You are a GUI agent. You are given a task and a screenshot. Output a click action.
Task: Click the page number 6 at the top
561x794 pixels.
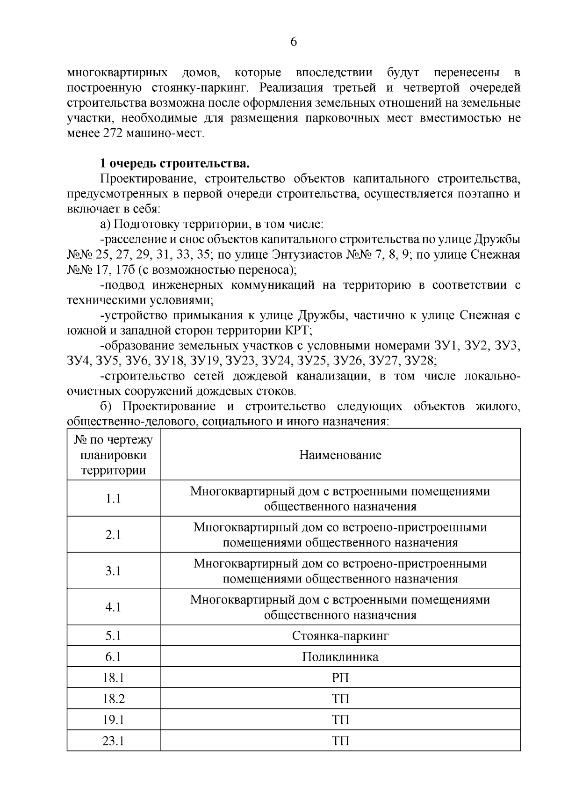(294, 42)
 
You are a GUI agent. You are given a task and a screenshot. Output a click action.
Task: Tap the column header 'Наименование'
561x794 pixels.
(340, 455)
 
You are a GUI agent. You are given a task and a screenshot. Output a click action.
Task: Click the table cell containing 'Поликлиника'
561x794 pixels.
(340, 657)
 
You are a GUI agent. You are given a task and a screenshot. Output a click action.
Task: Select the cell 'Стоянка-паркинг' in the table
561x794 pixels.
(340, 636)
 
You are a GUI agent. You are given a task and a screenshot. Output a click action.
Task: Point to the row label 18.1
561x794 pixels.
(113, 677)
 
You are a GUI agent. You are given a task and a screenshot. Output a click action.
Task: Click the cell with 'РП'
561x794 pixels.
(340, 677)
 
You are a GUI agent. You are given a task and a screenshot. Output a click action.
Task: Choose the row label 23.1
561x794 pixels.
(113, 741)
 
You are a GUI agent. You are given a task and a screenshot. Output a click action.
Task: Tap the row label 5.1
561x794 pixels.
(113, 636)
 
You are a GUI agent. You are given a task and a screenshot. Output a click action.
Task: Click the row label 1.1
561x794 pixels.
(113, 499)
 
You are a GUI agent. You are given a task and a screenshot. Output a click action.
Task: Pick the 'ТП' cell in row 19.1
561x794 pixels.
(340, 720)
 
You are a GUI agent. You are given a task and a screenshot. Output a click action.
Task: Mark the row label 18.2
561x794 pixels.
(113, 699)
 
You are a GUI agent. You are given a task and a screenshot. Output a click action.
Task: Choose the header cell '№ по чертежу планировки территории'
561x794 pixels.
(113, 455)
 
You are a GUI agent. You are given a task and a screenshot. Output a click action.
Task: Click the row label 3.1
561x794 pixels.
(113, 571)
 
